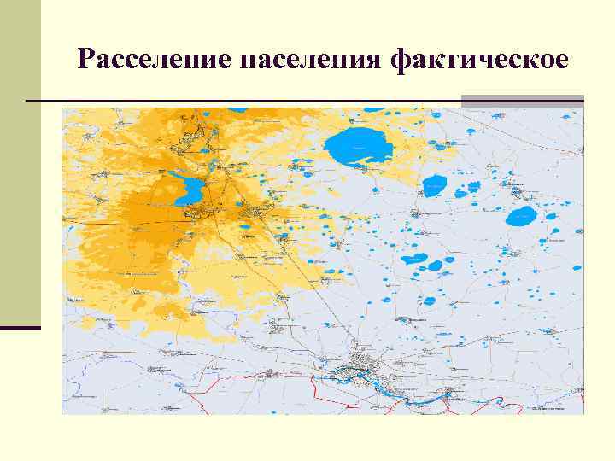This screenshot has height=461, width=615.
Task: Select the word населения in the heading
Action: (310, 60)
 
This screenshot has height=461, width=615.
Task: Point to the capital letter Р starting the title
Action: (85, 60)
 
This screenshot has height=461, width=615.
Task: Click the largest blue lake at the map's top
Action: (360, 147)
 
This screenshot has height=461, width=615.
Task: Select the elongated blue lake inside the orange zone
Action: (189, 189)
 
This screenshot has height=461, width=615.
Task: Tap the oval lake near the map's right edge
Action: (521, 216)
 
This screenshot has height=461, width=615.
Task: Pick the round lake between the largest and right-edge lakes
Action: (435, 185)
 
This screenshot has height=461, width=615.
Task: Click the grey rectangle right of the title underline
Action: (522, 101)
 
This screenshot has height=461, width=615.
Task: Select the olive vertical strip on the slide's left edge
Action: (20, 162)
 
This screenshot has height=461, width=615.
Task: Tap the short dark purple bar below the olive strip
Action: (20, 327)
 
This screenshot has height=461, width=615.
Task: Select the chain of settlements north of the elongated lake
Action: (201, 137)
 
